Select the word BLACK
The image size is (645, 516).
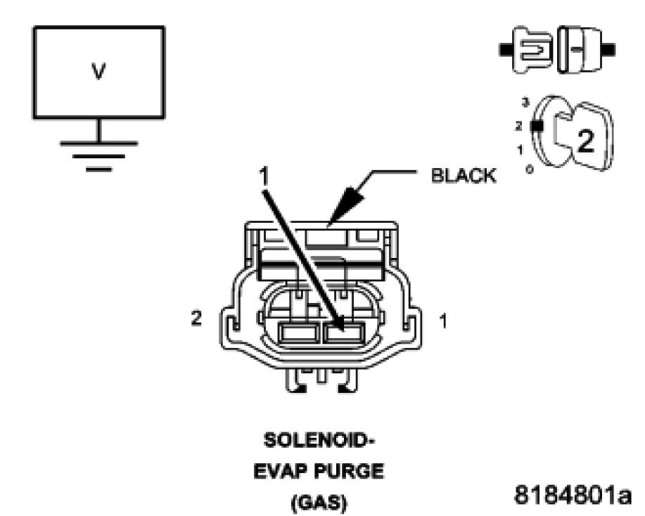(463, 176)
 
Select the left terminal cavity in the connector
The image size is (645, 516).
(298, 332)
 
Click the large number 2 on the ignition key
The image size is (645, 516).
(585, 141)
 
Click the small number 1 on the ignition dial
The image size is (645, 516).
(521, 148)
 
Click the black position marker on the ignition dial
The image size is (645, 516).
(537, 127)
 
